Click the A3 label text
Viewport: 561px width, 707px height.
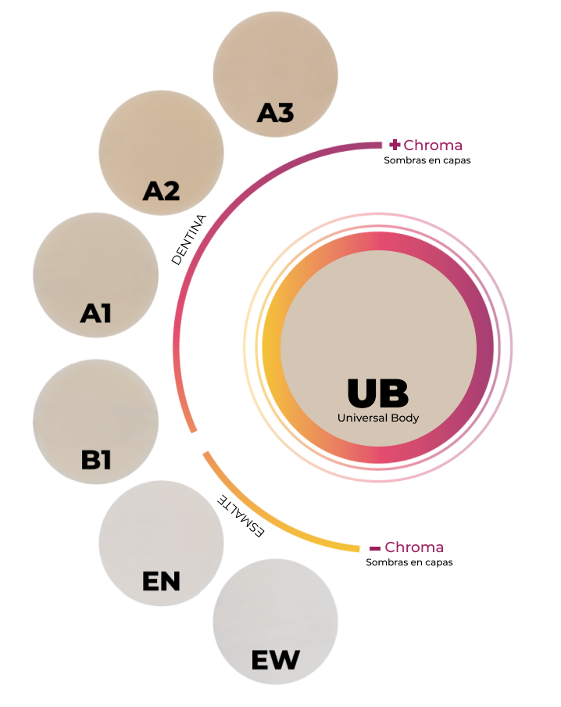coord(275,113)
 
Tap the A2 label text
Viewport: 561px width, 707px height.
coord(162,190)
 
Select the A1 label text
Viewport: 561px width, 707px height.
coord(96,314)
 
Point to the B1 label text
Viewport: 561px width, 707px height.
coord(96,460)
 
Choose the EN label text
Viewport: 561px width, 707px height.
coord(161,581)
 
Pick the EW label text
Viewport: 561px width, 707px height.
coord(275,660)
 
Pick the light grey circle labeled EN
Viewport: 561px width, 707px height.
coord(161,532)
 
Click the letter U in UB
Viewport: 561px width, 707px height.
coord(363,393)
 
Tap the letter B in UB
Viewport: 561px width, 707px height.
coord(394,393)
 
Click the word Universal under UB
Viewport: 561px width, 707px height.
coord(362,418)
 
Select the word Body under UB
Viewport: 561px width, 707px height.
coord(405,418)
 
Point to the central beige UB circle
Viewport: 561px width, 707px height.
coord(378,328)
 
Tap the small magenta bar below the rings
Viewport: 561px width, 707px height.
coord(414,547)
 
